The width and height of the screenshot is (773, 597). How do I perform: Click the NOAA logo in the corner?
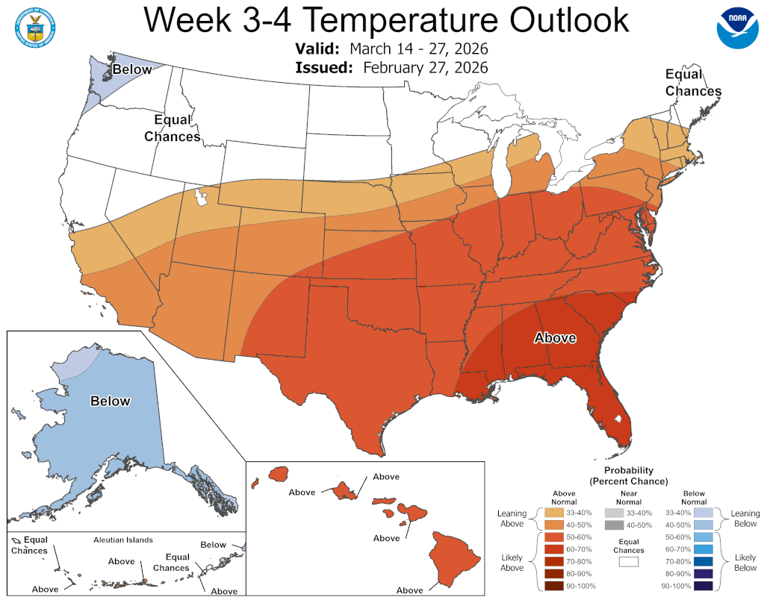737,27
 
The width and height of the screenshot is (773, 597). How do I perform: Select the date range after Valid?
419,49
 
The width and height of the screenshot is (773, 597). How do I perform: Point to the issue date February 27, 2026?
426,67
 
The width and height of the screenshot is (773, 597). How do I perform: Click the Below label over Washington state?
132,69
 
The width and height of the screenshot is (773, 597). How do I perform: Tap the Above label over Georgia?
555,338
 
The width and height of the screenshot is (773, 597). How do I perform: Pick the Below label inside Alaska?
111,401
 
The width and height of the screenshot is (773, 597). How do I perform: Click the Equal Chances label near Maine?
693,83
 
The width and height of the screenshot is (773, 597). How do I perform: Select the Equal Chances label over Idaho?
172,128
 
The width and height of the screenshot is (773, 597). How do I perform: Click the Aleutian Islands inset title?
123,540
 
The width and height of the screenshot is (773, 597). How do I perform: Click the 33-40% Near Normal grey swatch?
613,513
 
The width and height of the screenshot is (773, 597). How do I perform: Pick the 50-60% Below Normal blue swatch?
703,537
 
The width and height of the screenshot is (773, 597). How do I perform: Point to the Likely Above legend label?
512,562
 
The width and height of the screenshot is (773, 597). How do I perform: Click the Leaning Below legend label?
745,518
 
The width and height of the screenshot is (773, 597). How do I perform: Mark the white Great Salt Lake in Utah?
200,198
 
